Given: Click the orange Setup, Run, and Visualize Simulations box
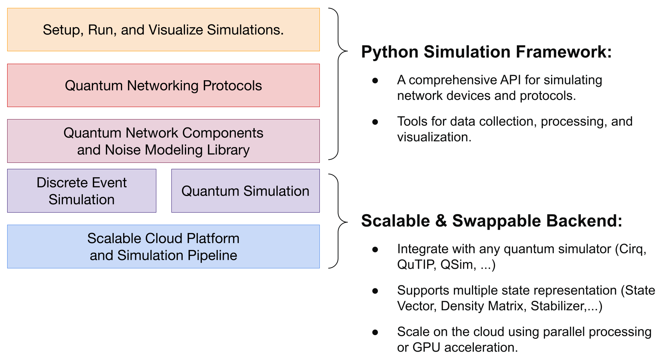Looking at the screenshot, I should click(x=163, y=30).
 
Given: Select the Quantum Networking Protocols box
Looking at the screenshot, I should click(x=163, y=86).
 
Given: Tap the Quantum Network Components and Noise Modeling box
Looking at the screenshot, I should click(x=163, y=141).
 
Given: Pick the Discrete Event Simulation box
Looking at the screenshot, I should click(x=81, y=191).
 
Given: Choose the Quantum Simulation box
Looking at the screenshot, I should click(x=245, y=191).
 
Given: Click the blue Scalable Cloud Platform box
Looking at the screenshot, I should click(x=163, y=247).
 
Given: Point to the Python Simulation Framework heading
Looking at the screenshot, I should click(x=486, y=52).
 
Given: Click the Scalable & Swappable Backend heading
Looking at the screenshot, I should click(x=491, y=221).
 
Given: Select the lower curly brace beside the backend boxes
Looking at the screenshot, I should click(x=338, y=221).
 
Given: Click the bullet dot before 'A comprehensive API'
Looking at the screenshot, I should click(x=375, y=80).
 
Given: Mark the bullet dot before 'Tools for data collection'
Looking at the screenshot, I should click(x=375, y=122).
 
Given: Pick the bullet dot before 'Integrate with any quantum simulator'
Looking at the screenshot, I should click(x=375, y=249).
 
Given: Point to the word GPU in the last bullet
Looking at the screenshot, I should click(x=426, y=348).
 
